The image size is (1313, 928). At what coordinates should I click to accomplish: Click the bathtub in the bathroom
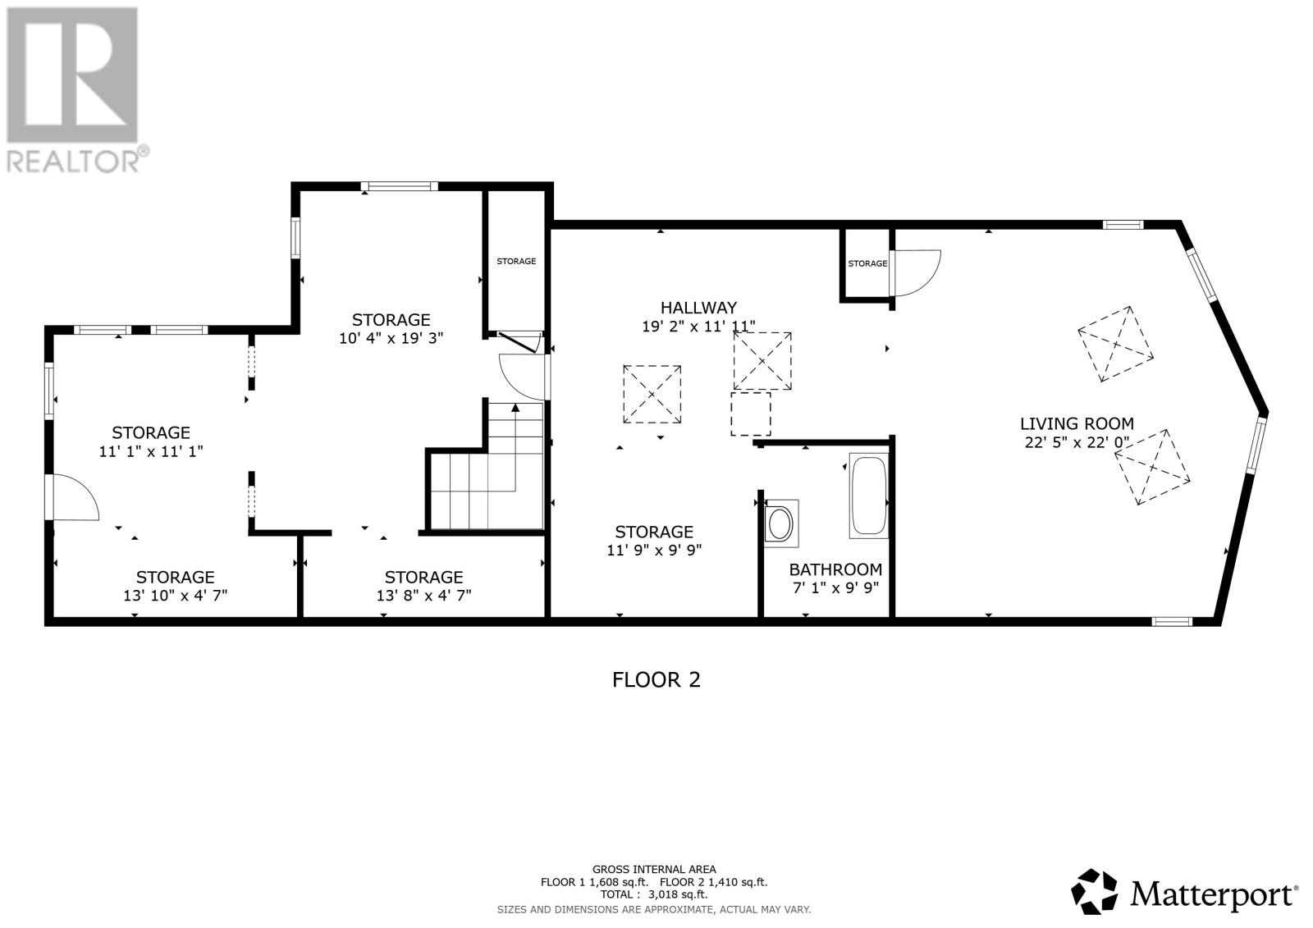tap(869, 496)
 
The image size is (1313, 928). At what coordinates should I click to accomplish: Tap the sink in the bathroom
tap(780, 523)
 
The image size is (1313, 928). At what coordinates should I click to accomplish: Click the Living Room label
tap(1077, 423)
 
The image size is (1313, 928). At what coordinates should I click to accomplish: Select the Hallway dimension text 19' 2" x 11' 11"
tap(698, 326)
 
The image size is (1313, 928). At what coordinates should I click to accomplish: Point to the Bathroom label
tap(835, 569)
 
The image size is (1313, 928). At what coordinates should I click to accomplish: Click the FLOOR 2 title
tap(656, 680)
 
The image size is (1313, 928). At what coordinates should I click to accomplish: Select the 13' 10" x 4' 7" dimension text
tap(175, 596)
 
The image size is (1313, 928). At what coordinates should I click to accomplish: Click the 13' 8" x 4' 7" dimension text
tap(423, 596)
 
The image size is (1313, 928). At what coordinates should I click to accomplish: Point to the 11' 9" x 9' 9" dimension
tap(653, 551)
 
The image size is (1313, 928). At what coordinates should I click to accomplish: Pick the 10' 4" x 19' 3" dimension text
tap(391, 338)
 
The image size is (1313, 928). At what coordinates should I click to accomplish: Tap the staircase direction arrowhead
tap(515, 408)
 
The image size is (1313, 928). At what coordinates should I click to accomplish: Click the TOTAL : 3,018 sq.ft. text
tap(653, 894)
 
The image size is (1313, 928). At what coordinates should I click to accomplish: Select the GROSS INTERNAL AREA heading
tap(653, 870)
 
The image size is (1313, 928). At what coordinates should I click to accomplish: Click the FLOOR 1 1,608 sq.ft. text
tap(594, 882)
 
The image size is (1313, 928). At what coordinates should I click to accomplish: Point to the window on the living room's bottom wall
tap(1172, 621)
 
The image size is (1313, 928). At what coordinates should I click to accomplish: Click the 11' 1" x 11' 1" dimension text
tap(151, 451)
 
